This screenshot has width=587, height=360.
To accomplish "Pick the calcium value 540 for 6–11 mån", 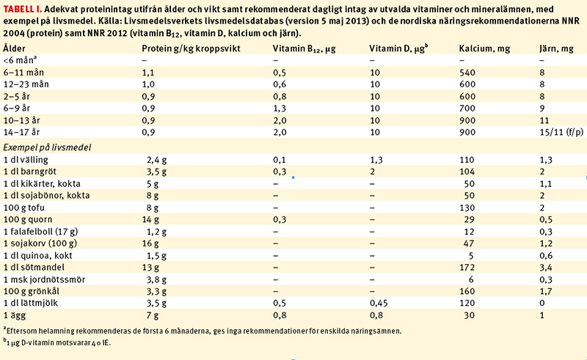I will (x=467, y=73).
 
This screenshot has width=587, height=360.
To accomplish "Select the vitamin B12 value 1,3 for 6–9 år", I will (x=280, y=108).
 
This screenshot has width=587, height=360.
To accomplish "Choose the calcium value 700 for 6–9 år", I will (x=467, y=108).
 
